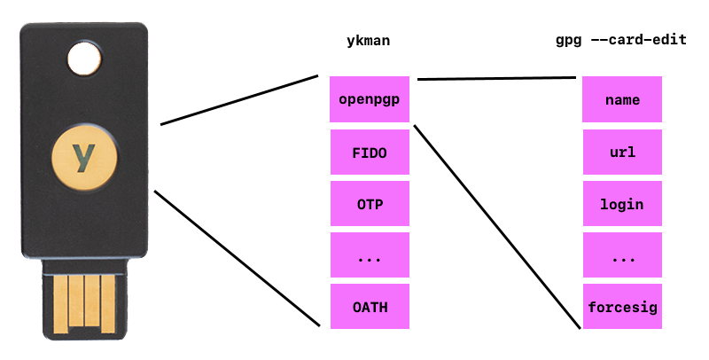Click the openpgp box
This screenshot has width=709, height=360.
pos(370,99)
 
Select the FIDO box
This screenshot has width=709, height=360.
pos(370,152)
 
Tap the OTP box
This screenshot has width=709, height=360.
pos(370,203)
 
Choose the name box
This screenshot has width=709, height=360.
pos(623,99)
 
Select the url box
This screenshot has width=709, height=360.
pos(623,152)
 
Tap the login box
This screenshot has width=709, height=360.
pos(623,203)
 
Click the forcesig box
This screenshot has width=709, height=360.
pos(623,306)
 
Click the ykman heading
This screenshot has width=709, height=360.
pos(369,41)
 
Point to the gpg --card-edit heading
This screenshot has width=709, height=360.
pos(619,41)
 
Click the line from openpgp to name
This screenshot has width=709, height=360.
pos(496,78)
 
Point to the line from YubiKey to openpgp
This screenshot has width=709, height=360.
pos(239,99)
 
